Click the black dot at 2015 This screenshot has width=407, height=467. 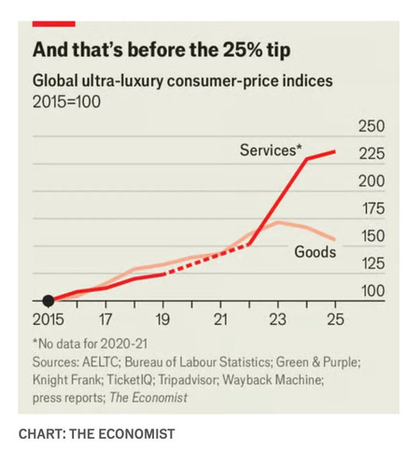[x=49, y=301]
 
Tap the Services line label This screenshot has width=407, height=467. [x=271, y=150]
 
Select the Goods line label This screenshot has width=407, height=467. [x=316, y=251]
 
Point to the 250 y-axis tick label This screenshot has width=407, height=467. [x=372, y=126]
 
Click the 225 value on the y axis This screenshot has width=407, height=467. [x=372, y=153]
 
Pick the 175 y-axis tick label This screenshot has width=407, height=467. [x=372, y=208]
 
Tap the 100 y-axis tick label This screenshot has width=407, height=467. [x=372, y=290]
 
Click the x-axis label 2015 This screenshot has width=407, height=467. [x=49, y=319]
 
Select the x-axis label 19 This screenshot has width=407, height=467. [x=162, y=319]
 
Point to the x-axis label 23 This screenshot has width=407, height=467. [x=277, y=319]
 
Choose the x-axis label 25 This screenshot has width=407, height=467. [x=335, y=319]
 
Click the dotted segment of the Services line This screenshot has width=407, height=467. [x=206, y=259]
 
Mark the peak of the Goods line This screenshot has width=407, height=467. [x=278, y=222]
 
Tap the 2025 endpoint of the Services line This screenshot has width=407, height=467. [x=335, y=151]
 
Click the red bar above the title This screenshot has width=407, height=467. [x=54, y=24]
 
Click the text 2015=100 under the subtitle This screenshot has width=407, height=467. [x=66, y=102]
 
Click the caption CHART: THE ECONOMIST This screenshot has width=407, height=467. [x=97, y=433]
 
